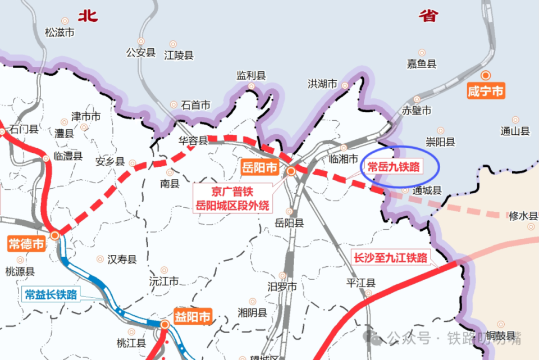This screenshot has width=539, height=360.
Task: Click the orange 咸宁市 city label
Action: (x=486, y=91)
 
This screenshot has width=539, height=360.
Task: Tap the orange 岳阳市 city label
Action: (x=259, y=167)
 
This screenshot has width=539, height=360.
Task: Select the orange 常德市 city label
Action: (x=26, y=244)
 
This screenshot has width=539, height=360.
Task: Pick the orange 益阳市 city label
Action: (x=193, y=317)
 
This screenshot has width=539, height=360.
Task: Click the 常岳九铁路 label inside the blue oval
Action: (x=394, y=166)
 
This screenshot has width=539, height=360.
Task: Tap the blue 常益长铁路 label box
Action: (x=51, y=294)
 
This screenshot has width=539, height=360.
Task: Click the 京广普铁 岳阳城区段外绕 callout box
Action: (x=232, y=198)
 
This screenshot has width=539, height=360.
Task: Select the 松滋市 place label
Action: (x=60, y=33)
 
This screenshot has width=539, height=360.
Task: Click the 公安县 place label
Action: (x=141, y=52)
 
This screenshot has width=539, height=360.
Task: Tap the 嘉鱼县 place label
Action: (x=422, y=64)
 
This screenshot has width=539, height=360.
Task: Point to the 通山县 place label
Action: (x=515, y=131)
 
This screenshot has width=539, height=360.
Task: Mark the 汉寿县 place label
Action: (x=122, y=259)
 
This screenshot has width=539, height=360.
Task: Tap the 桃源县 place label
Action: (x=20, y=272)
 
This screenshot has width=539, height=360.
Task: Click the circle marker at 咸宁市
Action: (x=486, y=75)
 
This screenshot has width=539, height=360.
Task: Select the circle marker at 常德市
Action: (x=55, y=236)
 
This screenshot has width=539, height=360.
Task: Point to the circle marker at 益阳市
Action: (x=165, y=325)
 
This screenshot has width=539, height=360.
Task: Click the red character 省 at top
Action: (x=428, y=16)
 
